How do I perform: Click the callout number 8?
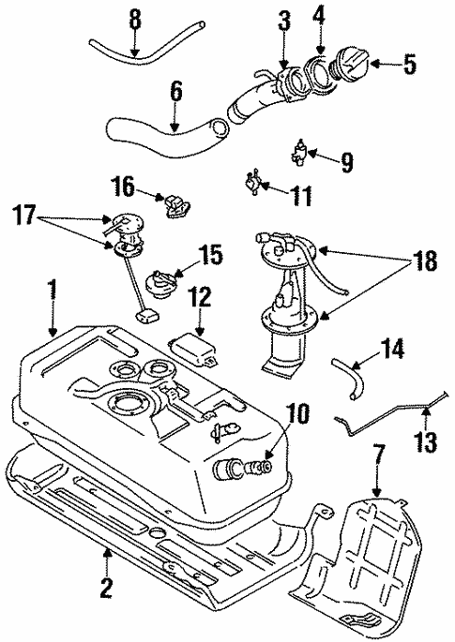click(x=133, y=18)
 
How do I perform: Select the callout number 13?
click(x=428, y=440)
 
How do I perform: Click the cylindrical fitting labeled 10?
click(x=240, y=467)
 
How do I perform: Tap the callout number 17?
click(x=25, y=215)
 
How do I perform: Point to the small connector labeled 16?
click(x=174, y=203)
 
